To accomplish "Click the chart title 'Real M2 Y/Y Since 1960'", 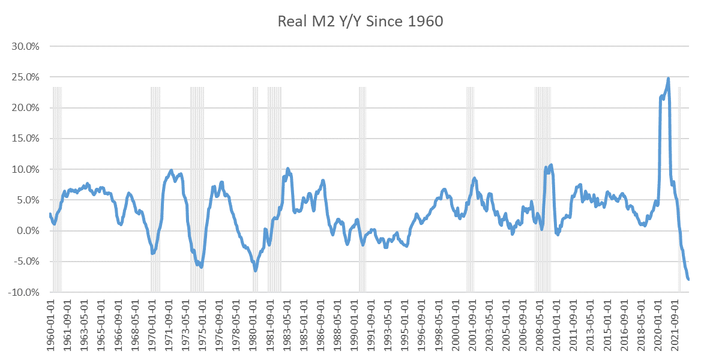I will click(x=360, y=22).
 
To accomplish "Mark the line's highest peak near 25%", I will click(x=668, y=79).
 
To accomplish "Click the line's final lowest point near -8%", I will click(x=688, y=279).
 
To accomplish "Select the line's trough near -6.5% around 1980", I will click(x=255, y=270).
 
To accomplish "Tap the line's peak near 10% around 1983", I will click(x=288, y=169).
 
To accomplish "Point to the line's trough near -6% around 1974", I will click(x=201, y=266).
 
